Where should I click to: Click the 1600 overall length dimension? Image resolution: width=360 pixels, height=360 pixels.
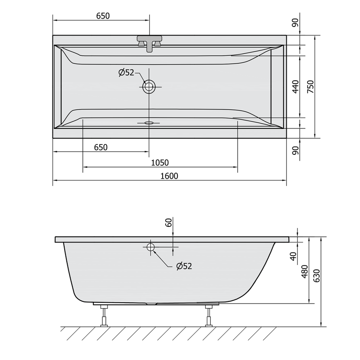[x=169, y=176]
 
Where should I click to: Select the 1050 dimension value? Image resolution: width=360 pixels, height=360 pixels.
[x=160, y=163]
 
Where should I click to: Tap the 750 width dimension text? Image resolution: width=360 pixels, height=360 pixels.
[x=310, y=87]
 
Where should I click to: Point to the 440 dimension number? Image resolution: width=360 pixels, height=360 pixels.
[x=296, y=87]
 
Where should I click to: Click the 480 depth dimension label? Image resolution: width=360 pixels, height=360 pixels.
[x=304, y=272]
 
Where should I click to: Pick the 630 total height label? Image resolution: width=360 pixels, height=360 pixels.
[x=317, y=276]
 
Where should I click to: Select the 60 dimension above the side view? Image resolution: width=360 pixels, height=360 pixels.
[x=169, y=223]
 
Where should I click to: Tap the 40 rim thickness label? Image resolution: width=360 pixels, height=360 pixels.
[x=293, y=256]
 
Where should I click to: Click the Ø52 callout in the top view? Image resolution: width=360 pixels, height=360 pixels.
[x=126, y=72]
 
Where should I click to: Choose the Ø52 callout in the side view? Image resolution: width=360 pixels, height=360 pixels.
[x=184, y=266]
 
